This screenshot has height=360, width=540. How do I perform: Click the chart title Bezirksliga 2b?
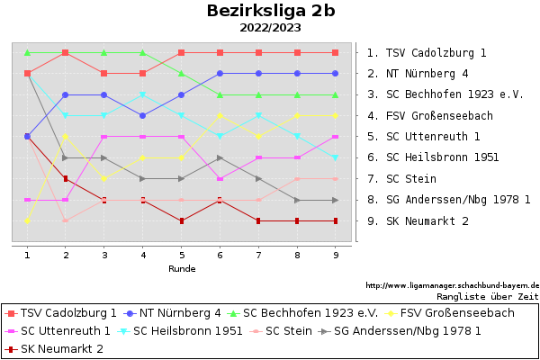(x=270, y=11)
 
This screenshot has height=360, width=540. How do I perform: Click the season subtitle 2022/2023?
(x=270, y=28)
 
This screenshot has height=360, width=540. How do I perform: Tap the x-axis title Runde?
(x=182, y=268)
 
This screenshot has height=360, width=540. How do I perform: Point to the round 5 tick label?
(x=182, y=255)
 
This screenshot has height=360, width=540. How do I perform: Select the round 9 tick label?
(x=336, y=255)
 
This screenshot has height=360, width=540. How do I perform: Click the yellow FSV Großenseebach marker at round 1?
(x=27, y=220)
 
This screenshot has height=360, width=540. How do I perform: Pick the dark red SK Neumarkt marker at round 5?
(x=182, y=220)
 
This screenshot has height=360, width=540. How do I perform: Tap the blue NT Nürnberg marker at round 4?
(x=143, y=115)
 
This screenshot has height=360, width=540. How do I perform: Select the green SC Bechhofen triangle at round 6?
(x=220, y=94)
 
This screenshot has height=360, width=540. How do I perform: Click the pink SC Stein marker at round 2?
(x=66, y=220)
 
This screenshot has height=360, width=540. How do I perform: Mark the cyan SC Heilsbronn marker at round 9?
(x=336, y=157)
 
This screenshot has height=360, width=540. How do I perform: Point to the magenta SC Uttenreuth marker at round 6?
(x=220, y=178)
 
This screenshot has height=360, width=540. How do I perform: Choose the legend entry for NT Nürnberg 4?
(x=173, y=313)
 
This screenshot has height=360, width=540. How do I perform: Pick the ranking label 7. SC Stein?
(x=401, y=179)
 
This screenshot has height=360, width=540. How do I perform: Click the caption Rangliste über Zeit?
(x=487, y=295)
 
